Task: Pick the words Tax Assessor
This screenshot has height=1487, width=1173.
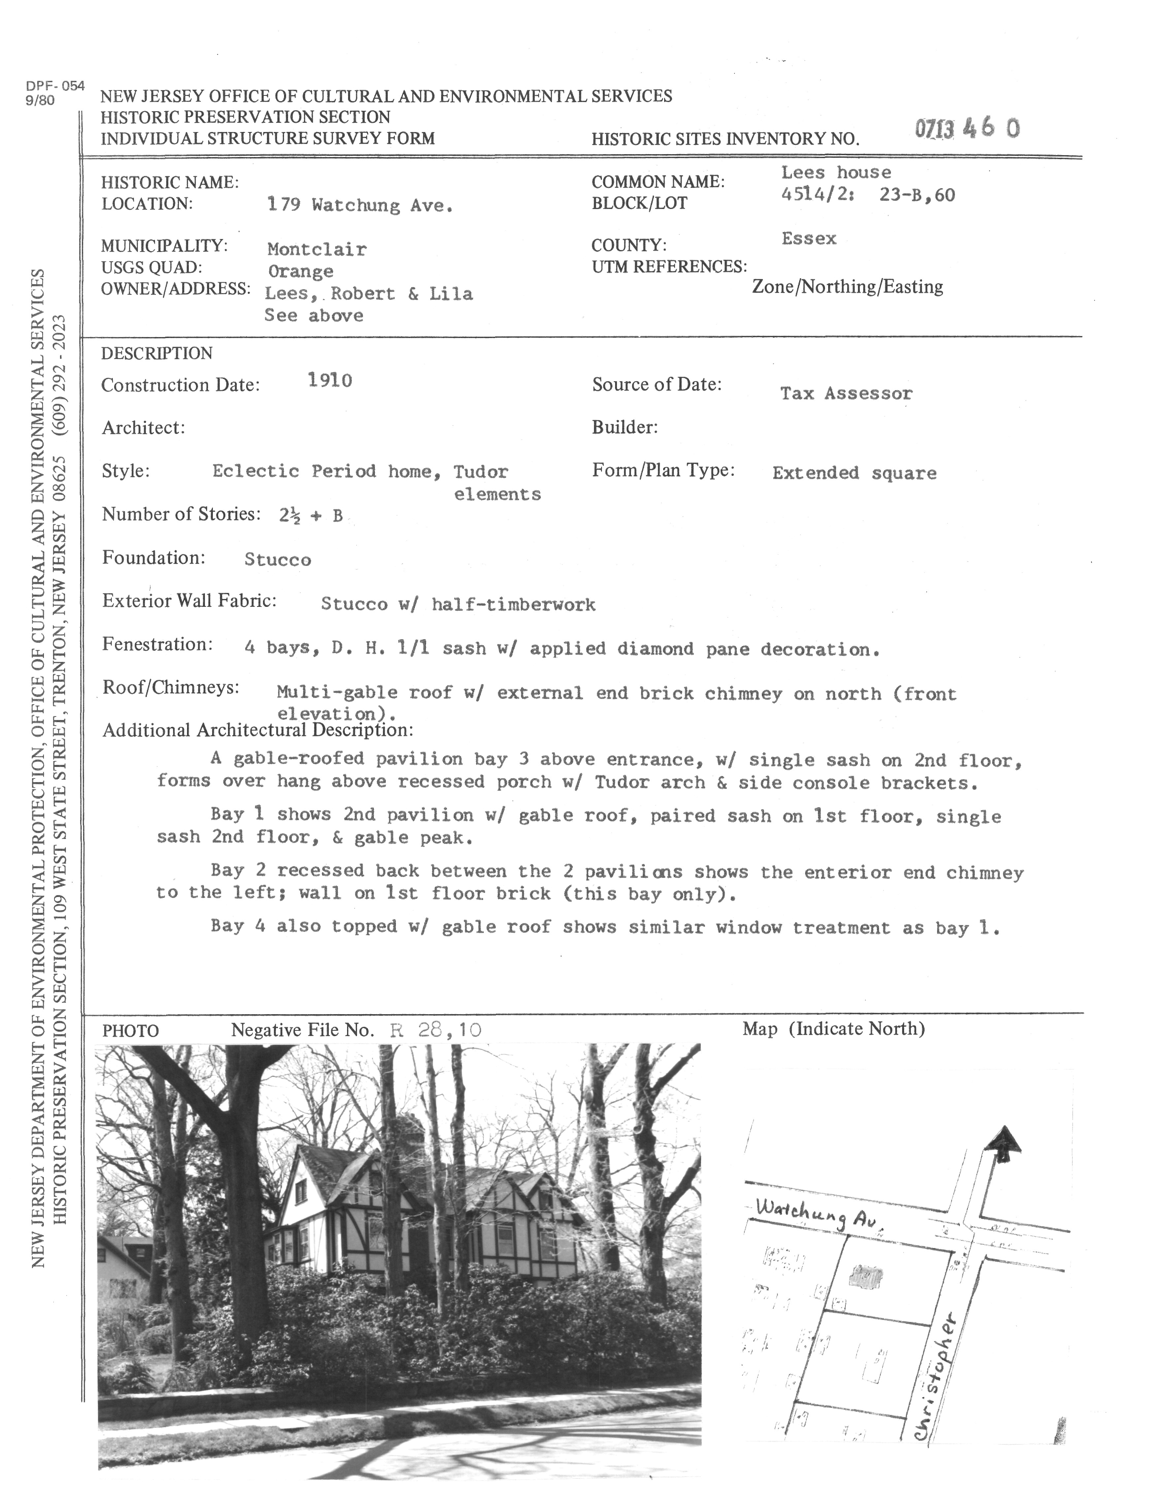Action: click(x=846, y=394)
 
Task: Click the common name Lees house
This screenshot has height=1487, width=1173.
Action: click(x=836, y=172)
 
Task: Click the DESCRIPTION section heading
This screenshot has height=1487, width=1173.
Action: click(x=157, y=353)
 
